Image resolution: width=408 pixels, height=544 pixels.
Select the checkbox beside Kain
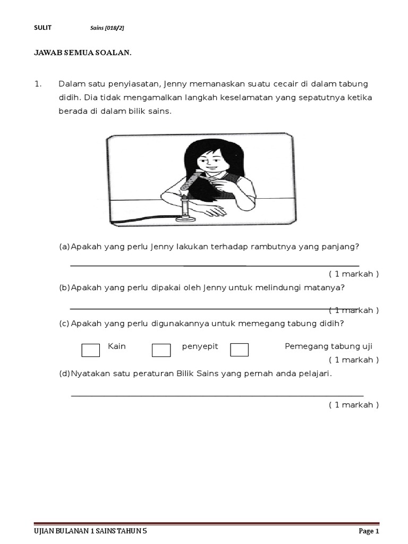point(91,350)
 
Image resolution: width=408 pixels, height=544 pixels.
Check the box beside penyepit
point(161,350)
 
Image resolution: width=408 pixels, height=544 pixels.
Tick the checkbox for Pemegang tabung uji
point(239,350)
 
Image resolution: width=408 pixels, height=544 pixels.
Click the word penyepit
point(200,346)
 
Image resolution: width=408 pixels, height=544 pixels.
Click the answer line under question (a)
point(215,265)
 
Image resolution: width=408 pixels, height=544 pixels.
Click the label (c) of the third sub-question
point(64,324)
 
